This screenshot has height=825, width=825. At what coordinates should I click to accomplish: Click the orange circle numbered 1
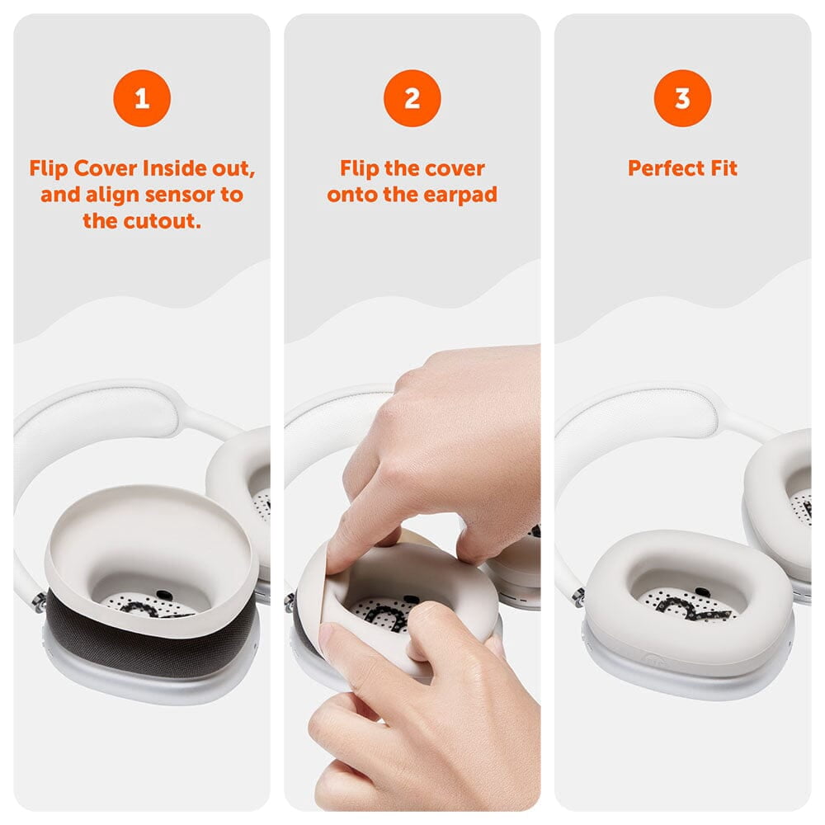[142, 98]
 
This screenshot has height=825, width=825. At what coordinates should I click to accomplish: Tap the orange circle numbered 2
[412, 98]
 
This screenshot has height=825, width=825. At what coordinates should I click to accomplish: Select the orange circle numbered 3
[682, 98]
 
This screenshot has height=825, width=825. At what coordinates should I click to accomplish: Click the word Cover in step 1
[106, 168]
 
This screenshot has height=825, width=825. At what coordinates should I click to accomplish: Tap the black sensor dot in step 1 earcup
[165, 595]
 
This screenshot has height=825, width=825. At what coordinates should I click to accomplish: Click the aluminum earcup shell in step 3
[684, 679]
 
